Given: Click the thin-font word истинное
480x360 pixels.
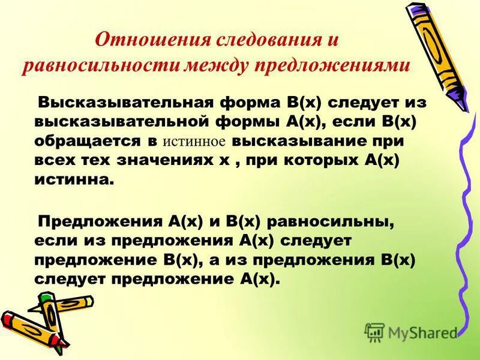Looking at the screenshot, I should pos(193,142).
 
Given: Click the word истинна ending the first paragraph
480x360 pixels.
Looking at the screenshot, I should pos(72,179).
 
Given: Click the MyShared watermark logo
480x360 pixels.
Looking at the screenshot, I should pos(412,332).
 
